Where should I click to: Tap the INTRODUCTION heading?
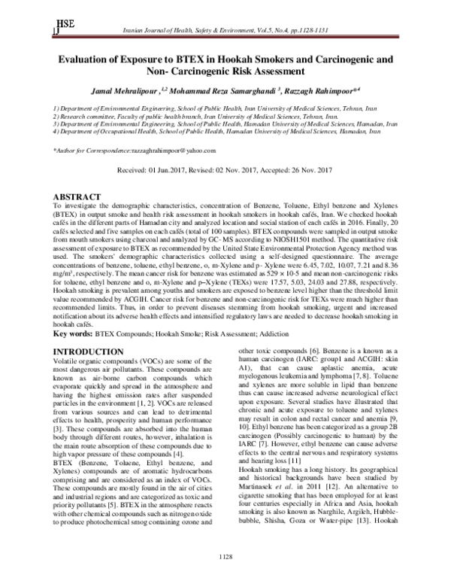click(x=89, y=351)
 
